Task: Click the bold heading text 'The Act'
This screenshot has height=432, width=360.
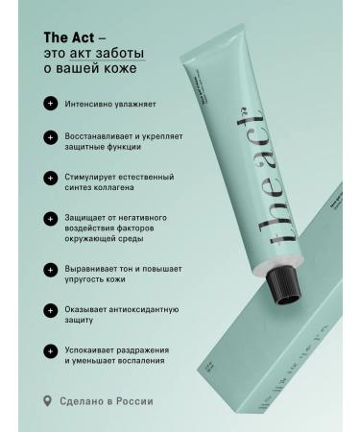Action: (67, 36)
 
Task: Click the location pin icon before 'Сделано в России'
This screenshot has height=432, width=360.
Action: (48, 401)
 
